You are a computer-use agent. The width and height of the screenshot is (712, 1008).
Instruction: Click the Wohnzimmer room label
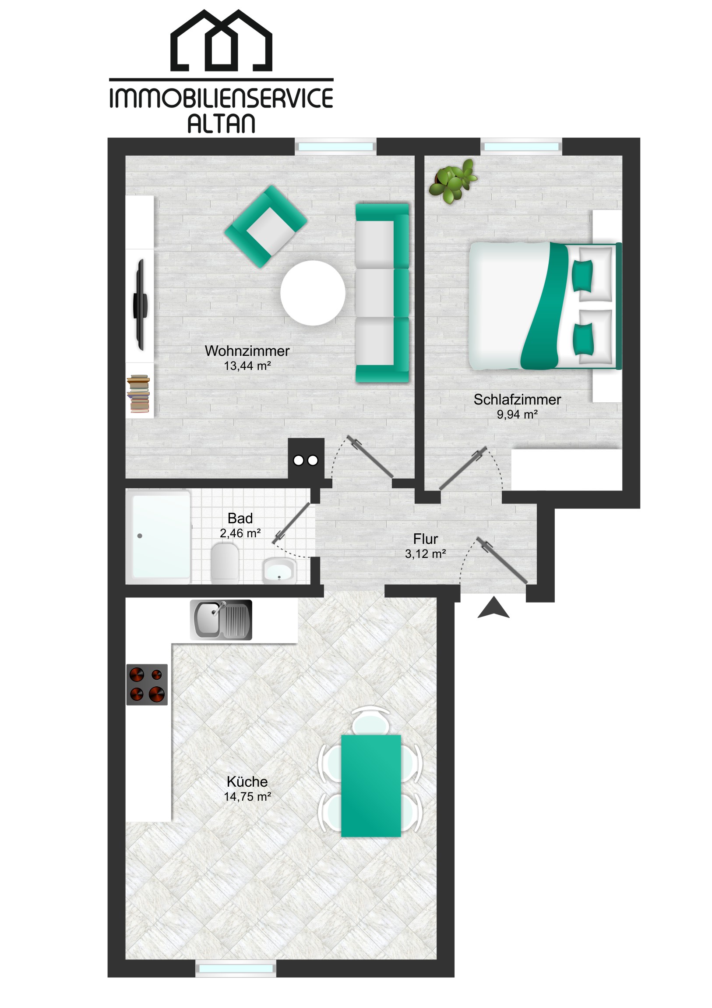point(247,351)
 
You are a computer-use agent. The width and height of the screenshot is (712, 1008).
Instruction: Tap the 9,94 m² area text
point(517,414)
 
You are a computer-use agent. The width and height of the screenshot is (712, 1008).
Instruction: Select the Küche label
point(247,781)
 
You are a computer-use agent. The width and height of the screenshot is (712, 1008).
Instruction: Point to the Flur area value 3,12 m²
point(425,554)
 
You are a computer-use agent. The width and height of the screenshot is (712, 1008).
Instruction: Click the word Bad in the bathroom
point(240,518)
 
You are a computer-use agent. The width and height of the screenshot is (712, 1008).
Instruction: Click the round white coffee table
point(313,293)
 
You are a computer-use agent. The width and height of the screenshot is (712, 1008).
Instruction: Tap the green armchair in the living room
point(266,227)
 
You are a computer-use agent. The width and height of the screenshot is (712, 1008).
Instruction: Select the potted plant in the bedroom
point(453,181)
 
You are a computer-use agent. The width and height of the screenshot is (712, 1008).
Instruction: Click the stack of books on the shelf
point(139,394)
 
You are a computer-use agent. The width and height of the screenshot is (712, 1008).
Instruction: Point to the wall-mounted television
point(141,304)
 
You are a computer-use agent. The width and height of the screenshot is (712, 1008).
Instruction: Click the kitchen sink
point(221,619)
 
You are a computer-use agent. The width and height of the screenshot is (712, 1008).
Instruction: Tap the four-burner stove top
point(147,685)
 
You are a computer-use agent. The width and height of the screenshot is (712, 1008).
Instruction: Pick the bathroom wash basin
point(279,571)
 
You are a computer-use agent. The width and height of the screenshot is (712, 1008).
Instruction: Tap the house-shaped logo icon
point(221,40)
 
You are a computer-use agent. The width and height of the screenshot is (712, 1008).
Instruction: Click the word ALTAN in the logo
point(221,123)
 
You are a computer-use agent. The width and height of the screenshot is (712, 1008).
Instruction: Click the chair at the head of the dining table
point(371,722)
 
